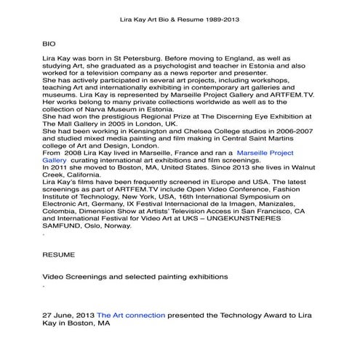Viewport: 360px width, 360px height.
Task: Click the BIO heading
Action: pyautogui.click(x=49, y=44)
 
